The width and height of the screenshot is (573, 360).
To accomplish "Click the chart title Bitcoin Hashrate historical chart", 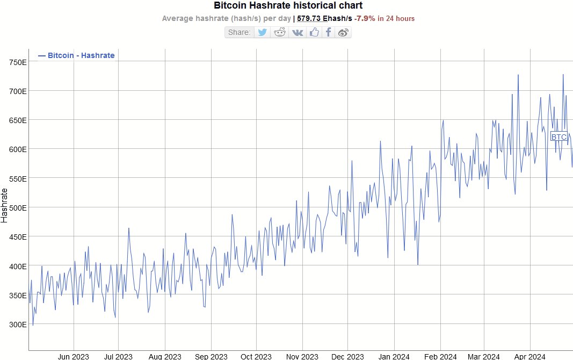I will click(x=288, y=6).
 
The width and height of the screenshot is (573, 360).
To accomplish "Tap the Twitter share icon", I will click(x=262, y=32).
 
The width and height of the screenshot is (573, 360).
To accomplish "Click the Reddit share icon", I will click(x=280, y=32).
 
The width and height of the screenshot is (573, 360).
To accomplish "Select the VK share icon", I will click(x=297, y=32).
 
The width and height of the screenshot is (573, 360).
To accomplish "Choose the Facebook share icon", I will click(x=328, y=32).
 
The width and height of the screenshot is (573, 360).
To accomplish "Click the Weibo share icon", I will click(x=343, y=32).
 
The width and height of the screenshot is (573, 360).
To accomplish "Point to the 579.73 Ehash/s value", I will click(x=324, y=18).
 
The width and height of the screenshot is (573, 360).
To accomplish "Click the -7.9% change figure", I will click(x=365, y=18).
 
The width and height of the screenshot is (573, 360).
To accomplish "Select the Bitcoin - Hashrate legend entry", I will click(x=76, y=55).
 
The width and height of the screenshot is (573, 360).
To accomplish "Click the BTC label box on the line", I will click(x=559, y=137).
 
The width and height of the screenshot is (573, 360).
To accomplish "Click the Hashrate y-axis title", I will click(x=5, y=205).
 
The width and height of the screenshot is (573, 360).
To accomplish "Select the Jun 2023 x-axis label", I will click(x=73, y=356).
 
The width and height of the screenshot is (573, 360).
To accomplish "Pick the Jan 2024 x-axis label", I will click(x=395, y=356).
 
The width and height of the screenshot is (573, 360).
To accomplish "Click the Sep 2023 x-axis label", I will click(x=211, y=356).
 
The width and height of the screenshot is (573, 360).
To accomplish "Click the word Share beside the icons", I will click(x=239, y=32).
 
